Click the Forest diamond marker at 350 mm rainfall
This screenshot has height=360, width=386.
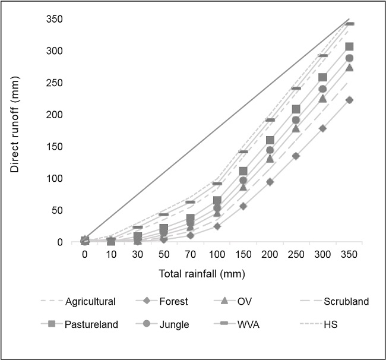point(349,100)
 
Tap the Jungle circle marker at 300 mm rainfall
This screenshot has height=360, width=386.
point(323,89)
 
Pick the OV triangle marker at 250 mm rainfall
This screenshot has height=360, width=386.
point(296,128)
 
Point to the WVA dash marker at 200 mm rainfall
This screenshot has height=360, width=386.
point(270,120)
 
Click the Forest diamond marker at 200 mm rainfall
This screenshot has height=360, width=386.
point(270,182)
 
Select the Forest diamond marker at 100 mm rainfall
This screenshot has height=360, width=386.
point(217,226)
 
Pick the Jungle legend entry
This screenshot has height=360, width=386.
point(175,324)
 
